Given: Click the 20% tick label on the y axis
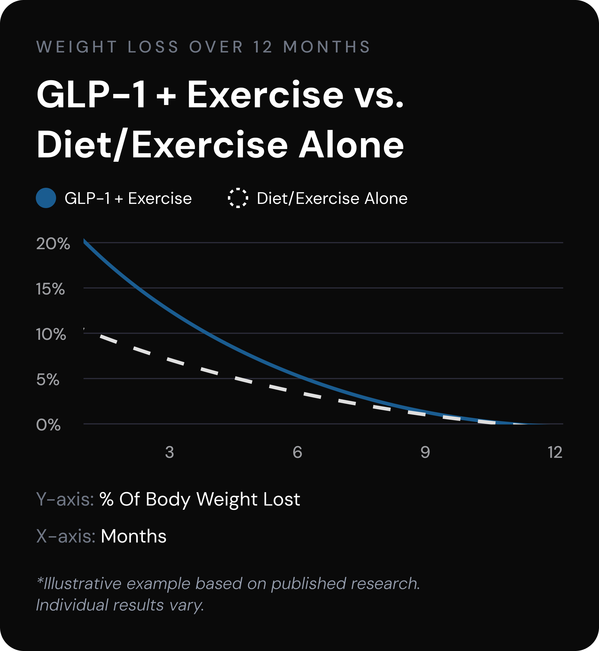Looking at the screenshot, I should (53, 244).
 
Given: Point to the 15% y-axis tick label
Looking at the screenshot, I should (50, 289).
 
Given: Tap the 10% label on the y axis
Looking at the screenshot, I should (51, 334).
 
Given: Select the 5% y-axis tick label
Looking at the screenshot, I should (48, 379).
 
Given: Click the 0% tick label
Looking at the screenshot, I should (48, 425).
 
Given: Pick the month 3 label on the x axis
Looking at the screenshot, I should (169, 452).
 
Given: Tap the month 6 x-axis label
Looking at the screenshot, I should (297, 452).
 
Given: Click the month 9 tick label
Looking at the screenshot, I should (425, 452).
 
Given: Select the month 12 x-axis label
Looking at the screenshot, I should (555, 452).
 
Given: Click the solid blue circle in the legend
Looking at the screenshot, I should (46, 198).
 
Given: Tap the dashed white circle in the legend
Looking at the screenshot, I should (238, 198).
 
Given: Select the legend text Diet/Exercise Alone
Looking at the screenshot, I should (332, 198).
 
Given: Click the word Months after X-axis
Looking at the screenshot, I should (134, 536).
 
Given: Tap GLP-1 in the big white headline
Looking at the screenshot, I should (91, 94).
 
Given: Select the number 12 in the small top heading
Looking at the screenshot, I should (263, 47).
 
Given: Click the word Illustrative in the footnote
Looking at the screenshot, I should (82, 584).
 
